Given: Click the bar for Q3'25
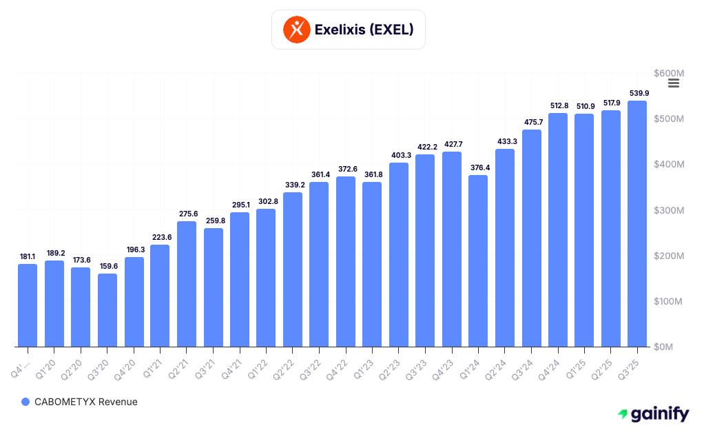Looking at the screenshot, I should coord(637,223).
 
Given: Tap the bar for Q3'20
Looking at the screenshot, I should coord(107,310).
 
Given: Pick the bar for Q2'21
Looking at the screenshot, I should coord(187,284).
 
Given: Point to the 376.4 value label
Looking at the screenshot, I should coord(478,167).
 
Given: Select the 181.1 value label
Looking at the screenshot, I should coord(28,256).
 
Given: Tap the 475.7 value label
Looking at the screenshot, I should coord(531,122).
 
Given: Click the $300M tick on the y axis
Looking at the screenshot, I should coord(668,210).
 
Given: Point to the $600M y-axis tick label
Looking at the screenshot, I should coord(668,73).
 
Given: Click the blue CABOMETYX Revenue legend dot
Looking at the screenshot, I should coord(25,402).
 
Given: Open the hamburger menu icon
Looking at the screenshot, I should coord(674,83).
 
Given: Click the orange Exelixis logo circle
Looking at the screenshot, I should coord(297,30).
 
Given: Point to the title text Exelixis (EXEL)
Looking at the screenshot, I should coord(364,30).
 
